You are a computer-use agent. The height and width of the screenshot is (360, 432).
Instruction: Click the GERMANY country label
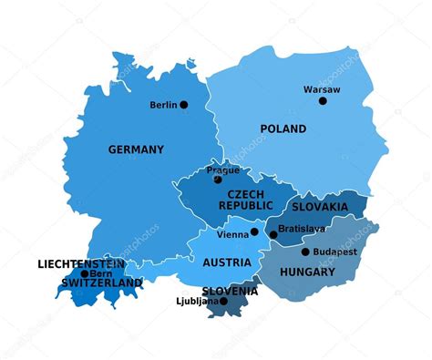(136, 149)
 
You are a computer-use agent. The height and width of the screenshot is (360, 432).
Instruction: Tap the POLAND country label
(283, 129)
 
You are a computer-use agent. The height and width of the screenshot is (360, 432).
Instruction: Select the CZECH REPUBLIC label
(245, 201)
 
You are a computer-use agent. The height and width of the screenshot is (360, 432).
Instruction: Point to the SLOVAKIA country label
(320, 207)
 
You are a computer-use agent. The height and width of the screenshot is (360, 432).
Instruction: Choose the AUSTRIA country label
(227, 262)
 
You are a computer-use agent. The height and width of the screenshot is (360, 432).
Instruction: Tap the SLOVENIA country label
(230, 292)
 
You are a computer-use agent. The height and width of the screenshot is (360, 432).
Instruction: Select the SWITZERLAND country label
(101, 283)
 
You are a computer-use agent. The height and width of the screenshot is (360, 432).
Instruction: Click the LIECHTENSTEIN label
(82, 264)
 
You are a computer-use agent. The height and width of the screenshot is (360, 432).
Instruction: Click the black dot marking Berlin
(183, 105)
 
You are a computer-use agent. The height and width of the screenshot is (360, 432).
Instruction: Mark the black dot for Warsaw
(323, 100)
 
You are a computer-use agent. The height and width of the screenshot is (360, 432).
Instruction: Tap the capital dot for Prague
(217, 180)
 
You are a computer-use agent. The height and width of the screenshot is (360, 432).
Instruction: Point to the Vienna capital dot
(254, 232)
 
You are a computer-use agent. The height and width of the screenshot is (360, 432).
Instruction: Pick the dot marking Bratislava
(273, 235)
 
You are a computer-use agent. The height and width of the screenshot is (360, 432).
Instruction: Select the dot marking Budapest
(305, 252)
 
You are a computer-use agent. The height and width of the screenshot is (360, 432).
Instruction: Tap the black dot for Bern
(85, 273)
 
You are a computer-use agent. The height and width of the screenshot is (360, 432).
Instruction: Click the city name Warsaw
(322, 89)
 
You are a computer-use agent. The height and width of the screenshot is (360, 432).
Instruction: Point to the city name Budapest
(334, 252)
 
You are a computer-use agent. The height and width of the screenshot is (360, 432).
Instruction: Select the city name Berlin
(164, 105)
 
